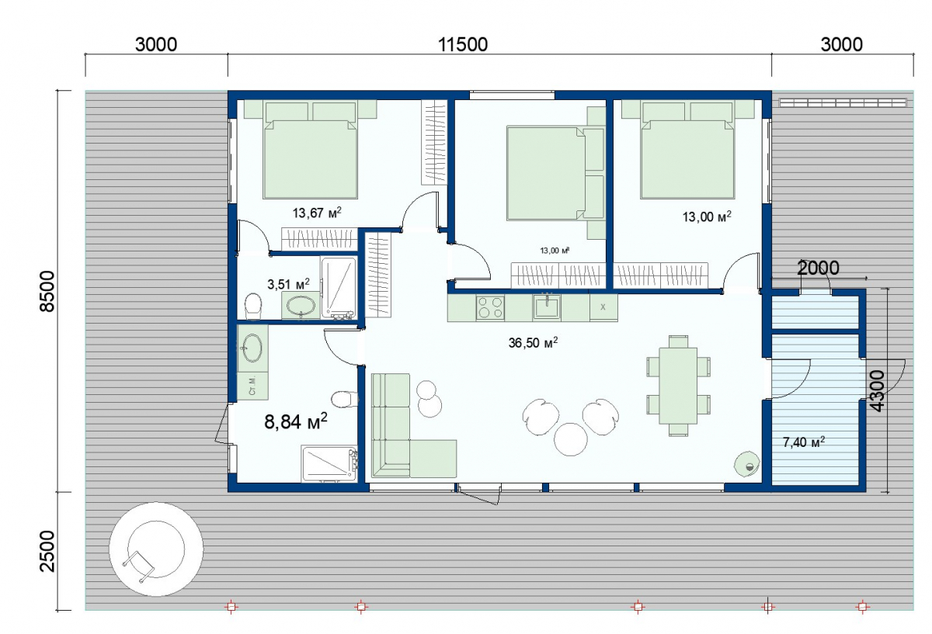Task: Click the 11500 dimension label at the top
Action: (463, 44)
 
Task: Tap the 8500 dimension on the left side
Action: (47, 291)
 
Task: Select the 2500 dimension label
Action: (47, 551)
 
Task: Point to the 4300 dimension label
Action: (877, 391)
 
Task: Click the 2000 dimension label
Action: (818, 268)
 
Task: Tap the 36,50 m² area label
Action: (533, 342)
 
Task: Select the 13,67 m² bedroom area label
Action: (317, 213)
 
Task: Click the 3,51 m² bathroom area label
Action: (288, 284)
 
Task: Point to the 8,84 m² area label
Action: (296, 421)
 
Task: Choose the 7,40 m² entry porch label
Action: (804, 442)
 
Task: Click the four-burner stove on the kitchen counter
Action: (490, 307)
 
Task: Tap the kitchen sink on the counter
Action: (547, 307)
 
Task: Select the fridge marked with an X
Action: (603, 307)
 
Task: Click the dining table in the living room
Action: (678, 386)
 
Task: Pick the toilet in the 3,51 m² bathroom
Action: (253, 306)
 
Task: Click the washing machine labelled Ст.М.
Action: (252, 386)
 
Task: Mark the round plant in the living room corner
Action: (747, 464)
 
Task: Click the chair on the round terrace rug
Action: (138, 566)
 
